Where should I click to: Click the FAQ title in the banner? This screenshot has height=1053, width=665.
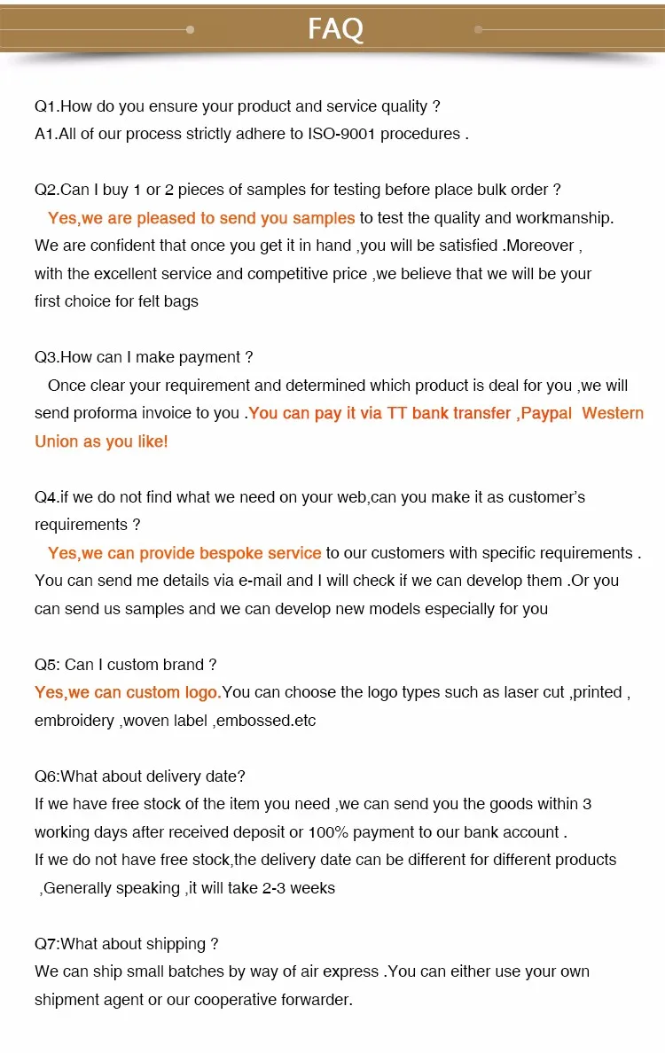click(335, 29)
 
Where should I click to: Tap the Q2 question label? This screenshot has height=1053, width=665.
click(47, 190)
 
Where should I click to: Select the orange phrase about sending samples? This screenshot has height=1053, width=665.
click(201, 218)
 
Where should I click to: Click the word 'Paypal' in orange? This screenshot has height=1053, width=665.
click(546, 413)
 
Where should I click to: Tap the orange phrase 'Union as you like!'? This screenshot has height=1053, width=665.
click(101, 441)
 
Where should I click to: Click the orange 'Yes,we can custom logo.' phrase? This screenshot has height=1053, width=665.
click(128, 692)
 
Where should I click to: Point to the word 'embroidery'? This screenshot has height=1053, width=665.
click(74, 721)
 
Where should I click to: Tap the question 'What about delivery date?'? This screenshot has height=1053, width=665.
click(153, 776)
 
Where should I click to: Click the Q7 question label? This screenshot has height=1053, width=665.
click(47, 944)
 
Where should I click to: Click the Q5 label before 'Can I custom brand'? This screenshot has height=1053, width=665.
click(47, 665)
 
